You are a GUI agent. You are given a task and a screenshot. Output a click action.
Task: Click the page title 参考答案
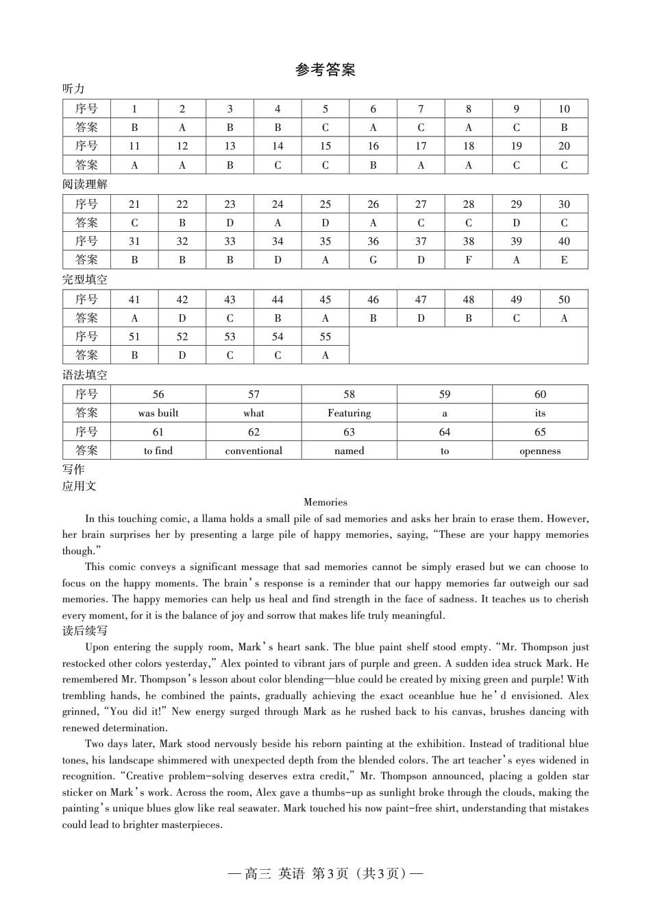point(325,70)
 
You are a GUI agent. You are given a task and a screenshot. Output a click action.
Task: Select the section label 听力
point(73,89)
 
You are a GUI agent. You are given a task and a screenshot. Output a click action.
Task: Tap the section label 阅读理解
point(85,185)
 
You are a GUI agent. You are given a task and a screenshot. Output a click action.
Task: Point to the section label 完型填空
point(85,280)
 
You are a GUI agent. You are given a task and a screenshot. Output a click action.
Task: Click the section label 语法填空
point(85,375)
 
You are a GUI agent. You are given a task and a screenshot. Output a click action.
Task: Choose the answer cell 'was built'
point(158,413)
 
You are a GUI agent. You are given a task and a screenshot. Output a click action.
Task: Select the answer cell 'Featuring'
point(349,413)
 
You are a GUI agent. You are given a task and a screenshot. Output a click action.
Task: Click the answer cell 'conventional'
point(254,451)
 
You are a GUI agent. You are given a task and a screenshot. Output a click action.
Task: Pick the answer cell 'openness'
point(540,451)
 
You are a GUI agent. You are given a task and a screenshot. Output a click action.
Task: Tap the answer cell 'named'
point(349,451)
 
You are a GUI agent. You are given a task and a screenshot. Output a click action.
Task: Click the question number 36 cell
point(373,241)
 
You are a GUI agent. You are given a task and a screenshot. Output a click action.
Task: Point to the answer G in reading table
point(373,260)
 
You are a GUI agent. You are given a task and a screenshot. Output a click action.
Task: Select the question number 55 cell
point(325,337)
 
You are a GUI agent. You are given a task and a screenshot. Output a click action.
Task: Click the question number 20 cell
point(564,146)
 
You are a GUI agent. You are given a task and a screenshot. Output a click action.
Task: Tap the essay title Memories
point(325,502)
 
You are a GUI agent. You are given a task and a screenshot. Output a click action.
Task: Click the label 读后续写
point(85,631)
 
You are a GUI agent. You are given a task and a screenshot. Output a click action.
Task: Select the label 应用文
point(79,486)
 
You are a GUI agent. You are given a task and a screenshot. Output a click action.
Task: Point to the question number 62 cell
point(254,432)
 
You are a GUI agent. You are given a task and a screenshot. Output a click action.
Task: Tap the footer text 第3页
point(330,873)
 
